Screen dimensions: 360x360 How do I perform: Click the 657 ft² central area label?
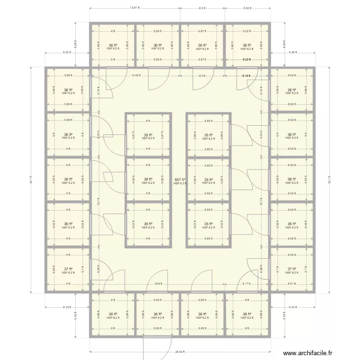(x=180, y=180)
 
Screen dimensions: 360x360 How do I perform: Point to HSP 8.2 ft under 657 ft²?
(x=180, y=183)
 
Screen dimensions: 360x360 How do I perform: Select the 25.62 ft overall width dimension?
(x=180, y=352)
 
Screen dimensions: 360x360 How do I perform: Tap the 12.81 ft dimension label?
(x=134, y=8)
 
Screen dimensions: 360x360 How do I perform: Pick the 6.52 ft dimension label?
(x=247, y=8)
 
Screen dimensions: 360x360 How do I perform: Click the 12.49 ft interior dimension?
(x=136, y=75)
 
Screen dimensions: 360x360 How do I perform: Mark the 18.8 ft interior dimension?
(x=157, y=284)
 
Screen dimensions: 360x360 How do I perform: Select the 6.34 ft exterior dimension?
(x=292, y=307)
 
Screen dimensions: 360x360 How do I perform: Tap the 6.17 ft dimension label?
(x=247, y=284)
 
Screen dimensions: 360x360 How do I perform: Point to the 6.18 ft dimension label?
(x=246, y=75)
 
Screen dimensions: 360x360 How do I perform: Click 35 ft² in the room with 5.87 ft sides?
(x=148, y=135)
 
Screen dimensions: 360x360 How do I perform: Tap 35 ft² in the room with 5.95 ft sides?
(x=208, y=135)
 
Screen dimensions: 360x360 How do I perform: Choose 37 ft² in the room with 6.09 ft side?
(x=68, y=269)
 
